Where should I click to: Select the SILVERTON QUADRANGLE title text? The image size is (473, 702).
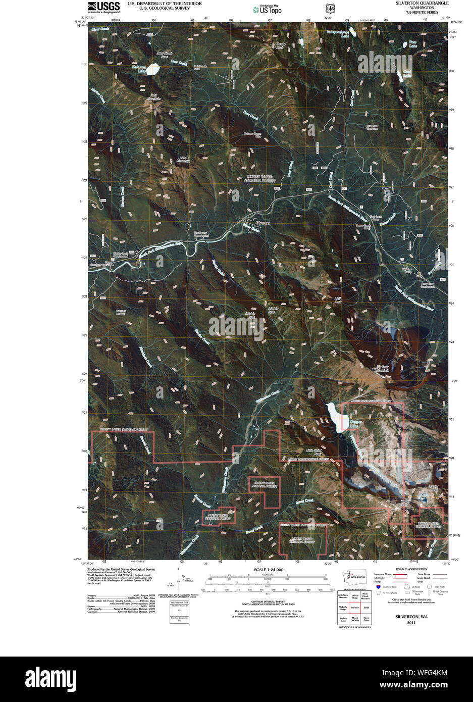click(422, 3)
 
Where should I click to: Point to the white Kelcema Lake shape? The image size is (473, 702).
click(152, 70)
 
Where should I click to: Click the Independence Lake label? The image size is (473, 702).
click(338, 34)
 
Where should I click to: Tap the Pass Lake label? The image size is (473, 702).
click(412, 44)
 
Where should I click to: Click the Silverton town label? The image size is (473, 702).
click(262, 223)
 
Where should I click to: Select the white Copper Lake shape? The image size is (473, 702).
click(335, 416)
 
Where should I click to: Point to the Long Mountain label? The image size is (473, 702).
click(184, 160)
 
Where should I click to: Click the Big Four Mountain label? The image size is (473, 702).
click(383, 369)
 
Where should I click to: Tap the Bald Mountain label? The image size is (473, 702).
click(153, 96)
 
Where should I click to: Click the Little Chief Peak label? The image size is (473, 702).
click(314, 453)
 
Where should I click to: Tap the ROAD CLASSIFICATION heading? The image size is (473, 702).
click(411, 569)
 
